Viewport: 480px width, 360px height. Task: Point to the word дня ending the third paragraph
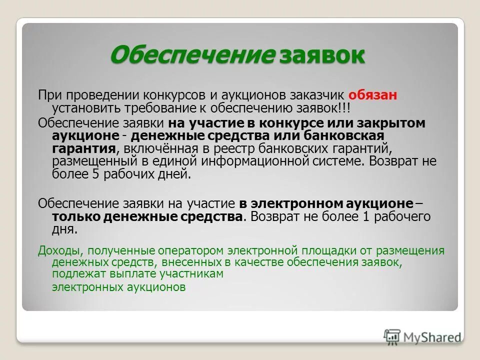tap(64, 229)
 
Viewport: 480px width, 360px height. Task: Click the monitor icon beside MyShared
tap(393, 336)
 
